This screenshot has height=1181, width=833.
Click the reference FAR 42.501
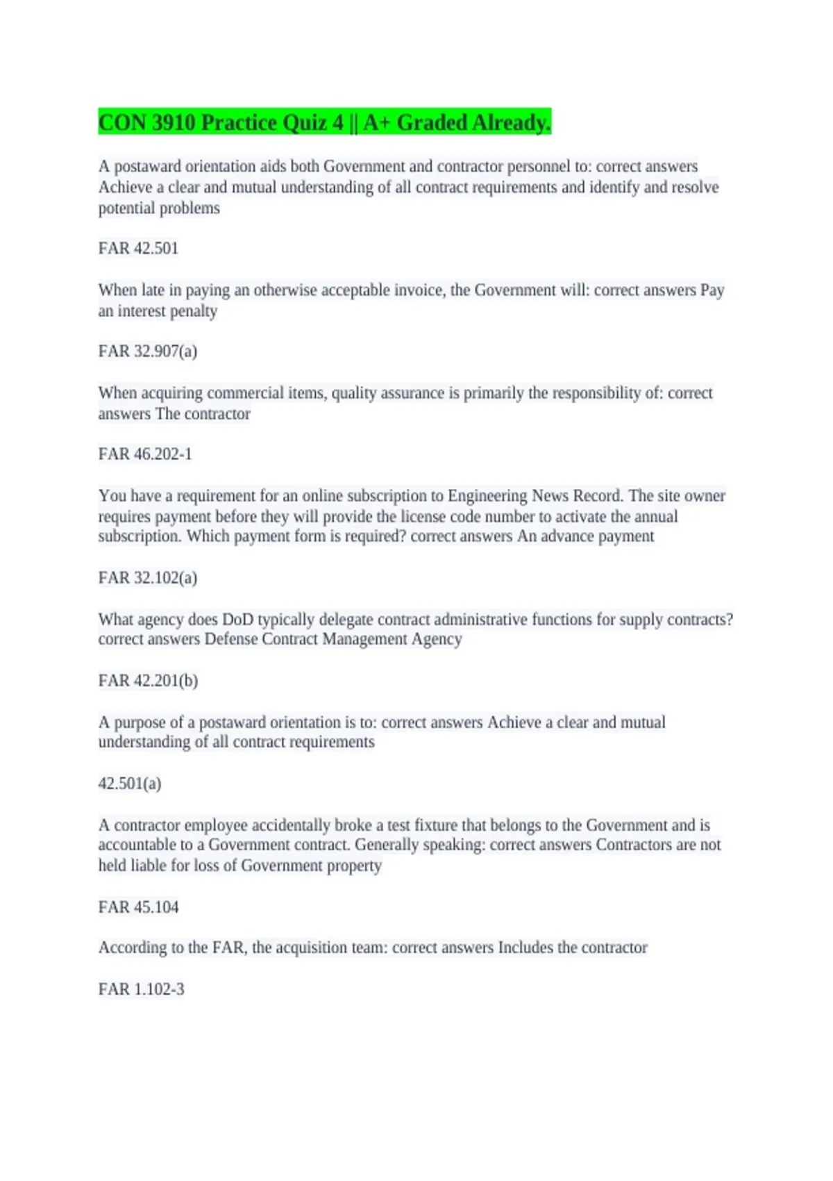click(138, 248)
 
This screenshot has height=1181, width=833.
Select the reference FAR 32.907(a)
click(147, 351)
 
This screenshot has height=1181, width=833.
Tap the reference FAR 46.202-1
click(145, 454)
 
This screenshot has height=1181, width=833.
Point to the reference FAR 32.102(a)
click(147, 577)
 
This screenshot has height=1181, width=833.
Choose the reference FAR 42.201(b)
click(148, 680)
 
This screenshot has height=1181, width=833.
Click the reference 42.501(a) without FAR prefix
click(130, 783)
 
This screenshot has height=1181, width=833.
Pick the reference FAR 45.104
click(138, 907)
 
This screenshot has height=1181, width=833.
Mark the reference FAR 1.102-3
click(141, 989)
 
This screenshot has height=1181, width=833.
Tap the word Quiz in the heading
click(309, 122)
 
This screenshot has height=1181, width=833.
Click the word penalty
click(192, 311)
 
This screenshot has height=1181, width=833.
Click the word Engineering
click(487, 495)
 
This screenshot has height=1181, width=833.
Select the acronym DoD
click(237, 619)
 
